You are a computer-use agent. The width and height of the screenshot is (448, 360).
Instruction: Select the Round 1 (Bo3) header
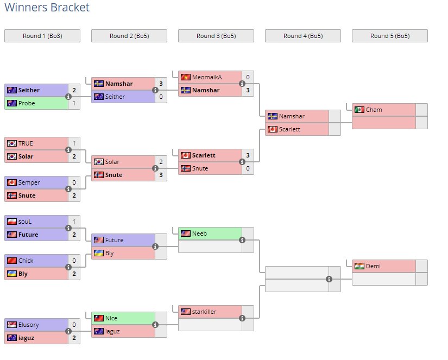[x=42, y=36]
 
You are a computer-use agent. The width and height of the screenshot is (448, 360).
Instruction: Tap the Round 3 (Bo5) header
[x=216, y=36]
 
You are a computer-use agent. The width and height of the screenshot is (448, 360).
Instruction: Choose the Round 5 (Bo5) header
[x=390, y=36]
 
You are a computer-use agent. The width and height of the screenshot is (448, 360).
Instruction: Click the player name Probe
[x=27, y=103]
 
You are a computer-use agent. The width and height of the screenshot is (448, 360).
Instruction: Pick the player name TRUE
[x=26, y=143]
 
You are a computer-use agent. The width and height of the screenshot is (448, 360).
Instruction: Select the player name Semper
[x=29, y=182]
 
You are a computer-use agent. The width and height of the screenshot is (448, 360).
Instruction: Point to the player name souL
[x=26, y=222]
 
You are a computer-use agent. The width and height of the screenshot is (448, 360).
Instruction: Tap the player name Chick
[x=26, y=261]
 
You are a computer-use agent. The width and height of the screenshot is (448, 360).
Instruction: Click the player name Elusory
[x=29, y=325]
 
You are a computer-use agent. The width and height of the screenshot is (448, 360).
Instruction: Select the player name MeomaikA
[x=206, y=77]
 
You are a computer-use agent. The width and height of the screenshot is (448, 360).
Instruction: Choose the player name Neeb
[x=199, y=233]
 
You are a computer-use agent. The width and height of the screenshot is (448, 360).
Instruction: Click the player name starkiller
[x=204, y=312]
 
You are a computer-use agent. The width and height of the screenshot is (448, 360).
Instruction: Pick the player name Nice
[x=111, y=318]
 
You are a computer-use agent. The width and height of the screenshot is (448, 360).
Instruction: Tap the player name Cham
[x=374, y=110]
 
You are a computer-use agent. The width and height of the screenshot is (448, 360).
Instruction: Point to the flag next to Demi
[x=359, y=266]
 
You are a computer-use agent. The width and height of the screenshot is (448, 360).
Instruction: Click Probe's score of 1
[x=74, y=103]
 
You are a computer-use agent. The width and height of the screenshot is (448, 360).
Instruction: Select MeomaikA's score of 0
[x=248, y=77]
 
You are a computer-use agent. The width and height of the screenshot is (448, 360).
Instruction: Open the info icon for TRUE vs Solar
[x=68, y=150]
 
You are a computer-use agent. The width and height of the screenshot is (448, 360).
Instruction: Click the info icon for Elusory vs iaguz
[x=68, y=331]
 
